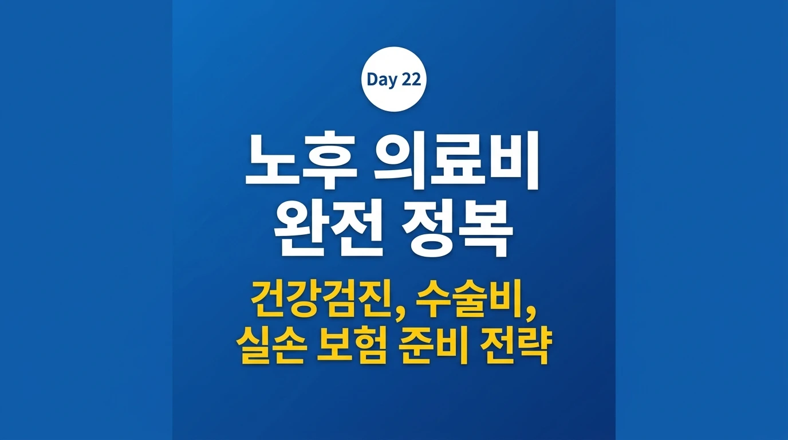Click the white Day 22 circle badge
point(393,79)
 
